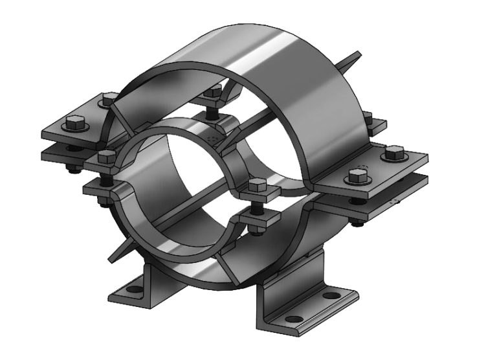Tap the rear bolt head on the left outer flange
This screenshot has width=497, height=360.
tap(107, 100)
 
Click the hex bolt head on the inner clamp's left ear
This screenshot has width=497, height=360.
tap(107, 156)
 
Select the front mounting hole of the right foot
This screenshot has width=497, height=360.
tap(293, 318)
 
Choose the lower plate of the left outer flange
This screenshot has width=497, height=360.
tap(61, 154)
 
